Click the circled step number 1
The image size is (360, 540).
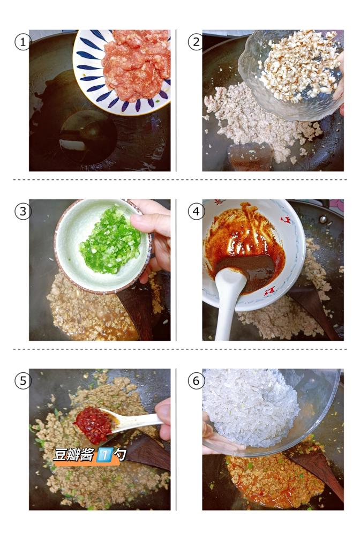pos(22,42)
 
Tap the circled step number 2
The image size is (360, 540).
pos(196,42)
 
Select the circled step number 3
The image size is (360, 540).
pos(22,212)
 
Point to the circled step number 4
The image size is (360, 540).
pos(196,212)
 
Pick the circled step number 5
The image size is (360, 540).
pos(22,381)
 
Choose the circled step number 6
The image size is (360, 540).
pos(196,381)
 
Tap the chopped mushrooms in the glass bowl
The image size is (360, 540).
pos(298,65)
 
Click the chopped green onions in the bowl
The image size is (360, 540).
pos(111,241)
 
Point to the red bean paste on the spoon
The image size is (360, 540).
pos(94,425)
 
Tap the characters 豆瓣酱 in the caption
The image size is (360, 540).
pos(73,455)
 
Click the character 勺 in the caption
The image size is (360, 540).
pos(120,455)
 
